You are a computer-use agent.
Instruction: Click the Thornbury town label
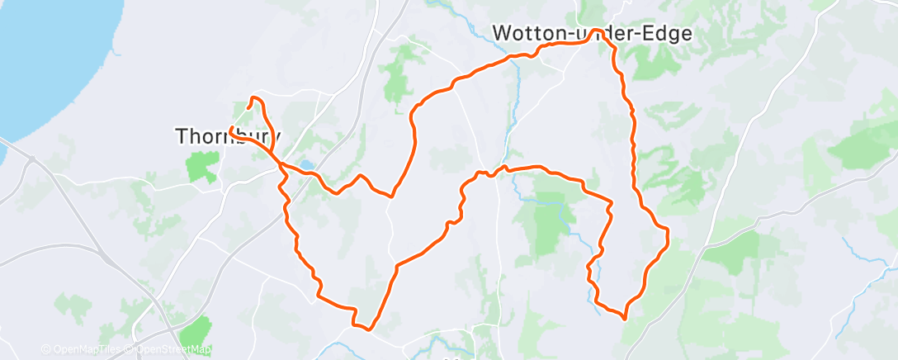tap(229, 136)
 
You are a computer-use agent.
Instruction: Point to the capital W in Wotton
tap(502, 33)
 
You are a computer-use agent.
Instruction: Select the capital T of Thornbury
tap(182, 136)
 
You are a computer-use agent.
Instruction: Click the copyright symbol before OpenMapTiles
tap(45, 350)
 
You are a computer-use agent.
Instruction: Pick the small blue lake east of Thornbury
tap(306, 165)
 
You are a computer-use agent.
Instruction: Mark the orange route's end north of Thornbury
tap(248, 107)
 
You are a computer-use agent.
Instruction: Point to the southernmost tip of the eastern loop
tap(624, 316)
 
